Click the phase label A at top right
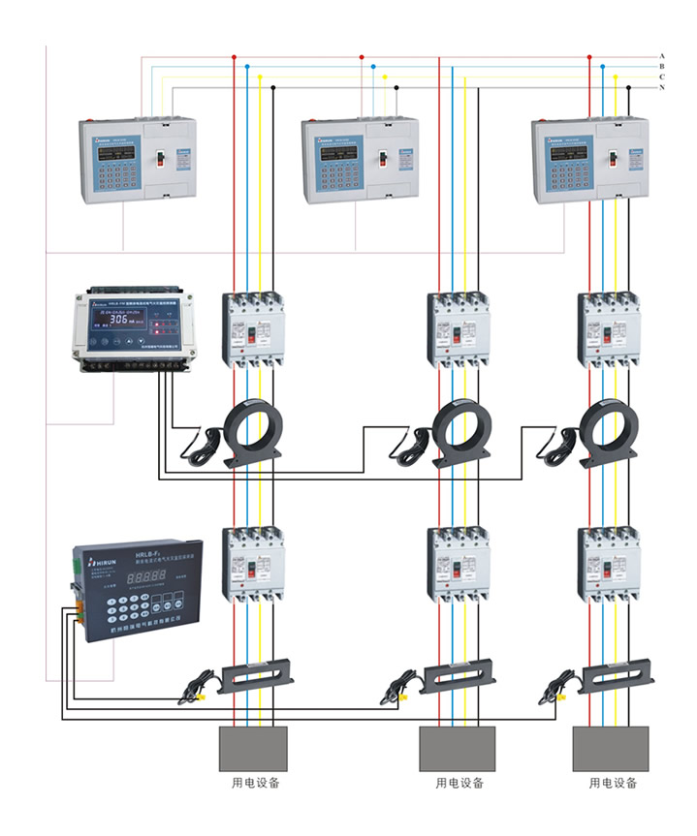click(x=662, y=55)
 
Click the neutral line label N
click(x=662, y=88)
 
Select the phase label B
click(x=662, y=66)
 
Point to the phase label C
click(x=662, y=77)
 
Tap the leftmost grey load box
click(x=252, y=748)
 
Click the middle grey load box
click(x=457, y=748)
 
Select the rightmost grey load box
click(x=610, y=748)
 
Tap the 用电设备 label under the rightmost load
click(x=612, y=783)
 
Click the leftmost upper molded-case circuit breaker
click(x=255, y=329)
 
